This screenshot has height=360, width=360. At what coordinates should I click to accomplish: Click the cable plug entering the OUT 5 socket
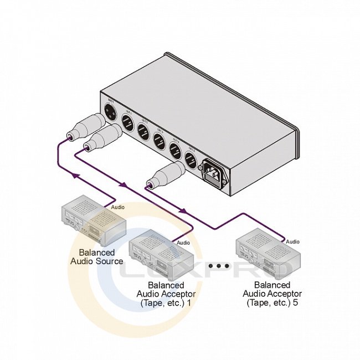(x=166, y=176)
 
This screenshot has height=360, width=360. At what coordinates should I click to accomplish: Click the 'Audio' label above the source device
(x=118, y=207)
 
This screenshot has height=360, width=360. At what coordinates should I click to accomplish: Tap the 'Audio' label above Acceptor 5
(x=292, y=241)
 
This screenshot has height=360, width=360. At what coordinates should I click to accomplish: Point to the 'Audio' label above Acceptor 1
(x=184, y=243)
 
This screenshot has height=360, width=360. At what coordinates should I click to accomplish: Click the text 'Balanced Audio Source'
(x=96, y=256)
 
